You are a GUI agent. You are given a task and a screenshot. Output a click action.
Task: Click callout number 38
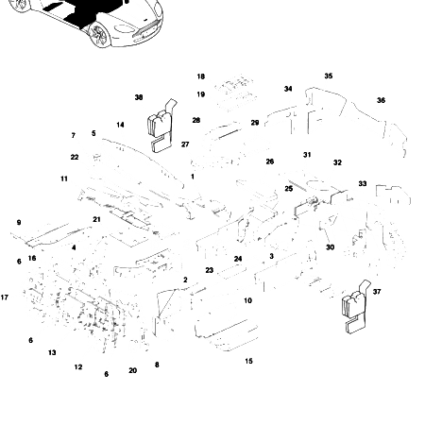139,97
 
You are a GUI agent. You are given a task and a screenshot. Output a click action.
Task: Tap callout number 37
377,292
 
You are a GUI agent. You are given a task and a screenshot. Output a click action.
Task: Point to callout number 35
328,76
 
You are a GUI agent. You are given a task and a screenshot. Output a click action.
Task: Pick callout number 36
381,100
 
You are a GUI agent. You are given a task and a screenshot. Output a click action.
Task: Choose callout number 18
200,76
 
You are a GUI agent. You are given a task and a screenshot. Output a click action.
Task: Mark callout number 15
248,361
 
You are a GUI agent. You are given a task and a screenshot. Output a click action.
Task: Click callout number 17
5,297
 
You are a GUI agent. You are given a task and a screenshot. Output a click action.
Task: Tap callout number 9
18,222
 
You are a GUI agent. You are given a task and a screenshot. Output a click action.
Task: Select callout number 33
362,183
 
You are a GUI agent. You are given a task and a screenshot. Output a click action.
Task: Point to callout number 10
247,300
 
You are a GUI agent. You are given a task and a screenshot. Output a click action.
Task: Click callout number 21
96,219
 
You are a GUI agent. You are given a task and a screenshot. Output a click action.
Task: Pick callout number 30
330,247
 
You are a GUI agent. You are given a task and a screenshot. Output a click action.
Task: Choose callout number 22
75,157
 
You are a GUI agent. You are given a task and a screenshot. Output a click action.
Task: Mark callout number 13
52,352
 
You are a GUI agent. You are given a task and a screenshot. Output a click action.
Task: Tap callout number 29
254,123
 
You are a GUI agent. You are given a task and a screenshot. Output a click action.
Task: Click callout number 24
238,259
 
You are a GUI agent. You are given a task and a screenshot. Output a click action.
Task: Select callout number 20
132,370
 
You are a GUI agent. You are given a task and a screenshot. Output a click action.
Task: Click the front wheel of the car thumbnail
97,38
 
